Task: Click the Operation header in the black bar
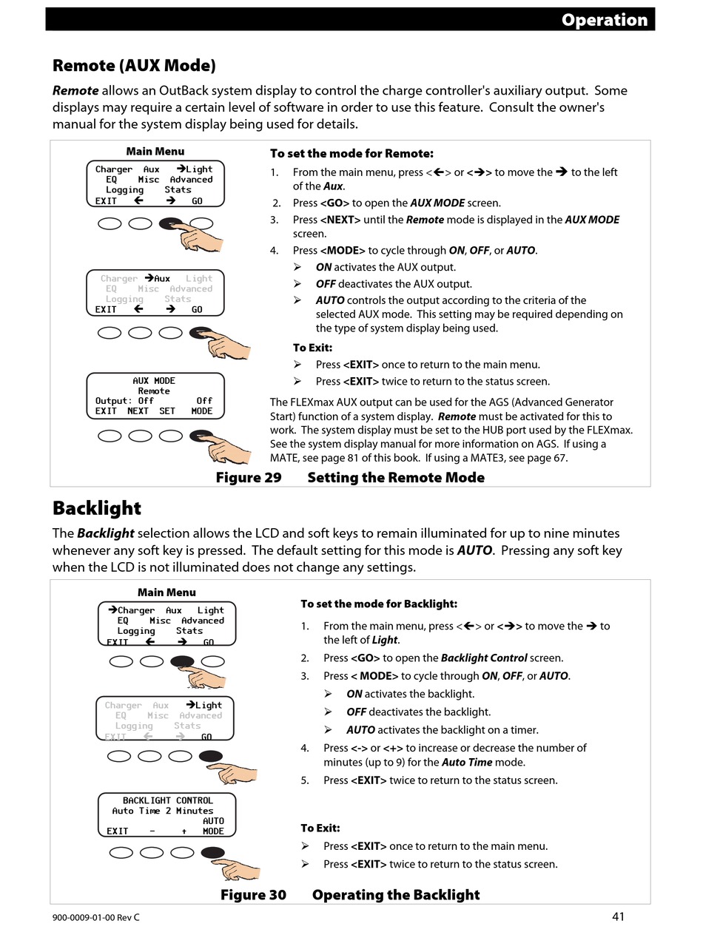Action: (604, 20)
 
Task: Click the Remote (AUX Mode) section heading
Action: (134, 66)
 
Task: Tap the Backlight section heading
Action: (96, 508)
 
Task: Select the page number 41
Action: (619, 916)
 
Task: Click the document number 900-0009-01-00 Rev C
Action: (95, 917)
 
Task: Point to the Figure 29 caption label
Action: (249, 477)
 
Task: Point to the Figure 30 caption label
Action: (253, 895)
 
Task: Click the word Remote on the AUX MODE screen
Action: (154, 391)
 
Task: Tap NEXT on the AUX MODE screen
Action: (138, 411)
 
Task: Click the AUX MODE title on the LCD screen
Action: (154, 380)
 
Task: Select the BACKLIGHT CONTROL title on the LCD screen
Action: (167, 800)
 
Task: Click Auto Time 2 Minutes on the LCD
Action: (162, 811)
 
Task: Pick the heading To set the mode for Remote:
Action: (351, 154)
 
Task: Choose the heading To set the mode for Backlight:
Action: (379, 604)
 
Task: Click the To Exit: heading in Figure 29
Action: (312, 348)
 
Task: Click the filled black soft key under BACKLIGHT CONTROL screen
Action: (212, 853)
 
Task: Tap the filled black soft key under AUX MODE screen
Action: (201, 436)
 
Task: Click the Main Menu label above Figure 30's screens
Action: (166, 592)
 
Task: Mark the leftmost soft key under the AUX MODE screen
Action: (109, 436)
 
